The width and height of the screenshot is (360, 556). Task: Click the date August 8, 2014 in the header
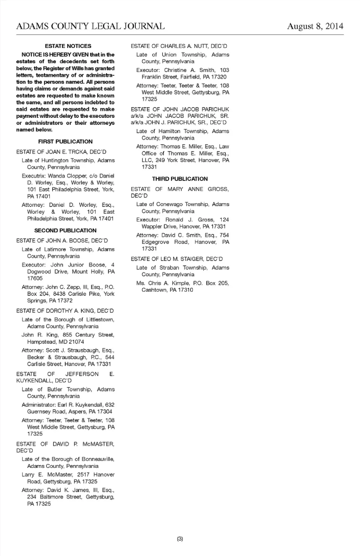[315, 26]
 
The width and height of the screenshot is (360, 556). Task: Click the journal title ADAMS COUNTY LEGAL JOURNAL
[90, 26]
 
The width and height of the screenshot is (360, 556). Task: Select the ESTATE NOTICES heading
[68, 46]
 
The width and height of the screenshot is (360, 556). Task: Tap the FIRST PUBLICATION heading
[65, 142]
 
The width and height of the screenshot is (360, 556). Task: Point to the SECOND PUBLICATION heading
[65, 231]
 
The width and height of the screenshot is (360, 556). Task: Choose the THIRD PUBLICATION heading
[180, 179]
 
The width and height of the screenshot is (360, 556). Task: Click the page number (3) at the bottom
[180, 539]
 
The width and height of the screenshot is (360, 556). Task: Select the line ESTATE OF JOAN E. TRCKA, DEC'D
[61, 152]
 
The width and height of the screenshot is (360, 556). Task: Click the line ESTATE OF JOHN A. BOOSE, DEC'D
[62, 241]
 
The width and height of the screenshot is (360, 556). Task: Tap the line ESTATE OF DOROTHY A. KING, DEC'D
[65, 311]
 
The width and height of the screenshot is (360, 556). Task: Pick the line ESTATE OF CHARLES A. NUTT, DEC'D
[179, 46]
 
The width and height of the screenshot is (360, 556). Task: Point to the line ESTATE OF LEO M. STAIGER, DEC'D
[177, 259]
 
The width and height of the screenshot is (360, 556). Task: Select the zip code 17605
[35, 279]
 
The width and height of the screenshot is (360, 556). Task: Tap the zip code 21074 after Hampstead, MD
[76, 342]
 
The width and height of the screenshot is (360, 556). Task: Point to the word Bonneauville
[98, 459]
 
